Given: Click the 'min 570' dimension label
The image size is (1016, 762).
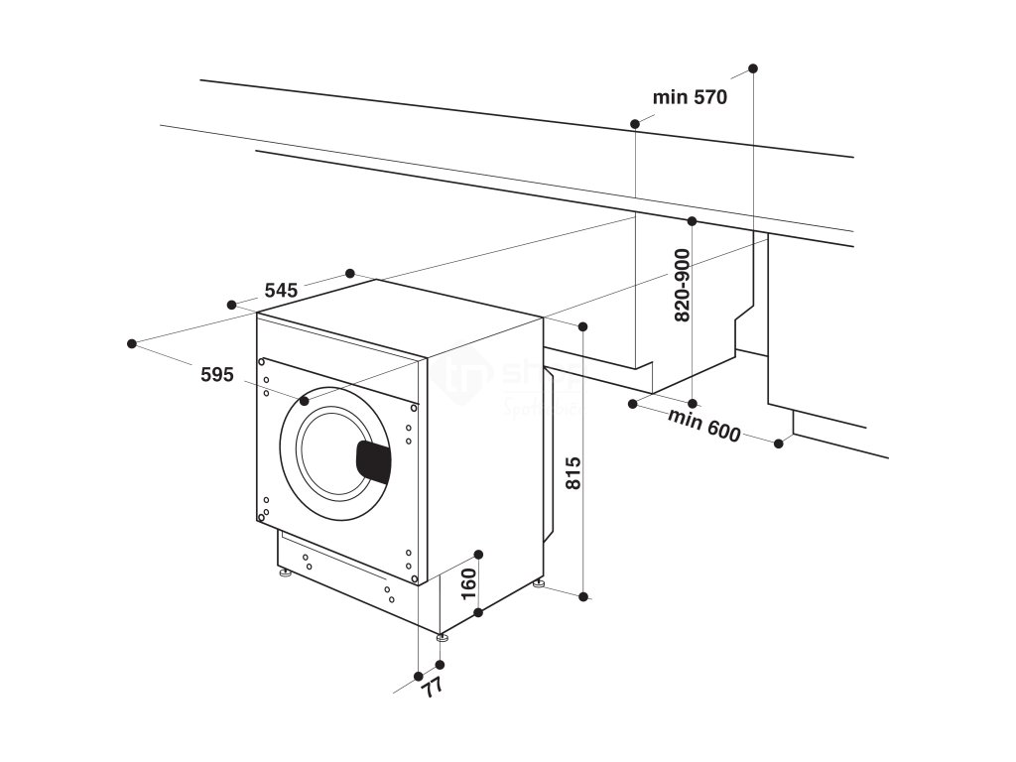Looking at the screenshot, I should coord(691,97).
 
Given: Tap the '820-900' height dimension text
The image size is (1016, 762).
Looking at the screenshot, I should coord(683,285).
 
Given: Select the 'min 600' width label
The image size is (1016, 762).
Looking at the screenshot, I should coord(704,426).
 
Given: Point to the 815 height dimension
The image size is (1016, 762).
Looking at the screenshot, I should coord(572,475).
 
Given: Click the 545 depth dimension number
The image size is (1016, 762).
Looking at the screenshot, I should coord(281,291).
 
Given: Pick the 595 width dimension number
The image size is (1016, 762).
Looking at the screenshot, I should coord(216,374).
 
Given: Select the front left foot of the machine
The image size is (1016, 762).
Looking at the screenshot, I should coord(285,572).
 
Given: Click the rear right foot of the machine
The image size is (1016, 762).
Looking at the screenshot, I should coord(539,582).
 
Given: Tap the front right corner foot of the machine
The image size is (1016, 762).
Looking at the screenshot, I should coord(441,634).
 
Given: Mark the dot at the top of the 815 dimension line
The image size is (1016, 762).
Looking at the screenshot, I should coord(583,326).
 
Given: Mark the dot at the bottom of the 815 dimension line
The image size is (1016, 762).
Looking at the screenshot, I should coord(583,596).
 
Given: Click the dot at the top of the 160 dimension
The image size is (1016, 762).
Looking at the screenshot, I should coord(478,553).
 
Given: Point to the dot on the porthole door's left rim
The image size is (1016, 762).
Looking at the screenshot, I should coord(304,401).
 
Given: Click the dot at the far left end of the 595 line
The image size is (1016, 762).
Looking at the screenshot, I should coord(132,343).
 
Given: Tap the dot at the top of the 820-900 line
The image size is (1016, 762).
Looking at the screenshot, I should coord(693,220).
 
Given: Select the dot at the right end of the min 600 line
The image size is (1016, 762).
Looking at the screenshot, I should coord(779,444).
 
